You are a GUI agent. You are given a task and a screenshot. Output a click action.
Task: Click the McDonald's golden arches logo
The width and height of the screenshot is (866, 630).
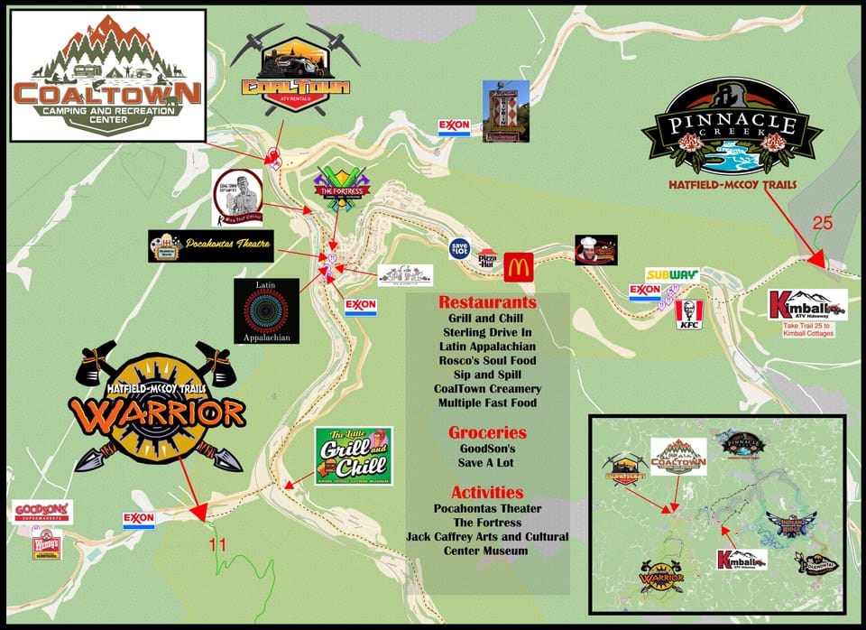(521, 266)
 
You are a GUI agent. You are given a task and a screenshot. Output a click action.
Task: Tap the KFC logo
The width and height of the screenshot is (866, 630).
(689, 314)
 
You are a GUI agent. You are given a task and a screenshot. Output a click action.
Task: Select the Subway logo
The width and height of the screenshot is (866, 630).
(671, 274)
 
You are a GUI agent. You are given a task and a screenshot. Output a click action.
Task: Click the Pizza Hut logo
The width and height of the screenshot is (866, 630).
(487, 258)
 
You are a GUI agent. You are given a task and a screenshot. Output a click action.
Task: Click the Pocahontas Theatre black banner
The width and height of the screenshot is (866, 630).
(210, 246)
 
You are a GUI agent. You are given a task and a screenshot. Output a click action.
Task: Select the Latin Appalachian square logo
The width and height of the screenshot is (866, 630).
(266, 310)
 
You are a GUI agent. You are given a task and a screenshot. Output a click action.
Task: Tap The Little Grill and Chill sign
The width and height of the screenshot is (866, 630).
(354, 456)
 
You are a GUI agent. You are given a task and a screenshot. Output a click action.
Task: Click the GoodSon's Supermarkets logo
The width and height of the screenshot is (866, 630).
(42, 512)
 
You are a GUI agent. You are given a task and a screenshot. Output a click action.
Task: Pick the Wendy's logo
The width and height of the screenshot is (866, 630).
(45, 545)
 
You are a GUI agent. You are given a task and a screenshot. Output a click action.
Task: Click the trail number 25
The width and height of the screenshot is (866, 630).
(822, 223)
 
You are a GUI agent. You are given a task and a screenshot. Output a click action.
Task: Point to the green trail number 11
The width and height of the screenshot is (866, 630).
(217, 544)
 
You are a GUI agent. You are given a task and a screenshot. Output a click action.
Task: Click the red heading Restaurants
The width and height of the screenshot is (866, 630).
(487, 302)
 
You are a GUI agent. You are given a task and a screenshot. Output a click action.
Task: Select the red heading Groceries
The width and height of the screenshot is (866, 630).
(487, 432)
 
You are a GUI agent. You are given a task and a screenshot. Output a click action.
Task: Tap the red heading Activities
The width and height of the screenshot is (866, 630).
(487, 492)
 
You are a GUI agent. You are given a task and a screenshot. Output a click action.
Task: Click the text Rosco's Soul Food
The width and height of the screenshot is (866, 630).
(487, 361)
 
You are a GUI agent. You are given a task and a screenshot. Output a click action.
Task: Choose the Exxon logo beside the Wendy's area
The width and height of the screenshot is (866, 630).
(139, 520)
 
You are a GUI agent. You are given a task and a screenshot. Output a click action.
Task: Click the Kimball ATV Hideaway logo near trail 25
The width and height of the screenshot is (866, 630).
(807, 305)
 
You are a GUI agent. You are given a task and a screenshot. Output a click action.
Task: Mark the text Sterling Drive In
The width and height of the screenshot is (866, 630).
(487, 332)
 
